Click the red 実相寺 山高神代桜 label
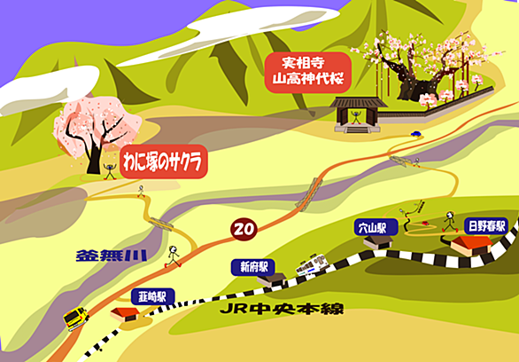(x=308, y=72)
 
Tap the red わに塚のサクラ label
(x=164, y=161)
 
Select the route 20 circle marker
(x=244, y=229)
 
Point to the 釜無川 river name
(x=112, y=256)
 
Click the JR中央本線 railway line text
(x=282, y=309)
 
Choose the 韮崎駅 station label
(x=152, y=296)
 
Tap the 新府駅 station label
(x=253, y=267)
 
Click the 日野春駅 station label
(x=486, y=226)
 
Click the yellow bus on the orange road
(x=76, y=319)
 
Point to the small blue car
(x=415, y=134)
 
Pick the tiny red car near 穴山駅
(x=425, y=223)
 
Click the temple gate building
(x=358, y=114)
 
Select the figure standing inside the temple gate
(x=356, y=117)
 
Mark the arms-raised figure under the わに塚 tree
(x=110, y=171)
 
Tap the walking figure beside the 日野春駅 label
(x=450, y=222)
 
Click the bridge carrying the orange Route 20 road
(x=309, y=194)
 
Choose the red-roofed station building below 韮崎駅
(x=125, y=314)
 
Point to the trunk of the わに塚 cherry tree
(x=94, y=160)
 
